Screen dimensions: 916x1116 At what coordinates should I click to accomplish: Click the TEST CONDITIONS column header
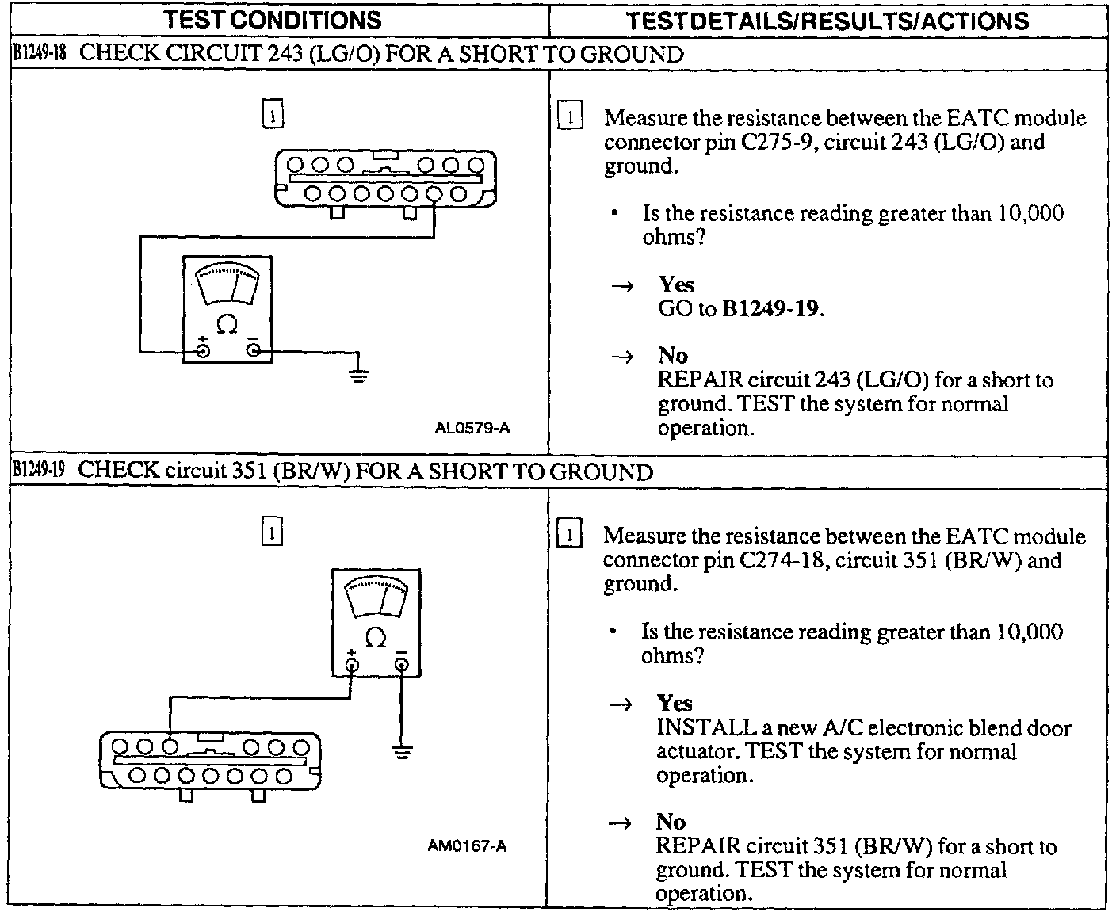[x=272, y=20]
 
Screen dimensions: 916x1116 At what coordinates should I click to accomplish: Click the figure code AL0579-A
[x=472, y=429]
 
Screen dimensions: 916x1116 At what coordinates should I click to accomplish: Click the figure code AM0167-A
[x=467, y=846]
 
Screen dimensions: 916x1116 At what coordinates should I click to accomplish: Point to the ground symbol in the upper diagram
[x=359, y=374]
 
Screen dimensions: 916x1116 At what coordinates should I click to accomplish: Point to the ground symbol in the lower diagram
[x=403, y=750]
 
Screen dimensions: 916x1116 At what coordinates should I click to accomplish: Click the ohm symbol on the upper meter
[x=227, y=324]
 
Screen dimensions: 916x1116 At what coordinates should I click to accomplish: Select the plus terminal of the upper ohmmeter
[x=203, y=349]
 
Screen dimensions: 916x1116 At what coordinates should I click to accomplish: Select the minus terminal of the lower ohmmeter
[x=402, y=663]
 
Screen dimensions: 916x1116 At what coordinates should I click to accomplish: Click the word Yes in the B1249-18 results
[x=676, y=284]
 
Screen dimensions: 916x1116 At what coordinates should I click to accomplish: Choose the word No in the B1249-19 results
[x=671, y=822]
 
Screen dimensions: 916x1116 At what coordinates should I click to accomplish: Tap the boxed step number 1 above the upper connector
[x=272, y=114]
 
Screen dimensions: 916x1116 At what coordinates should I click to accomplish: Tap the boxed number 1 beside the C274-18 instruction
[x=571, y=534]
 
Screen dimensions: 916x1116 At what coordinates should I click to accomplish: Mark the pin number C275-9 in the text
[x=779, y=143]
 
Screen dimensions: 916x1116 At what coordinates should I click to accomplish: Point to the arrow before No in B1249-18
[x=623, y=357]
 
